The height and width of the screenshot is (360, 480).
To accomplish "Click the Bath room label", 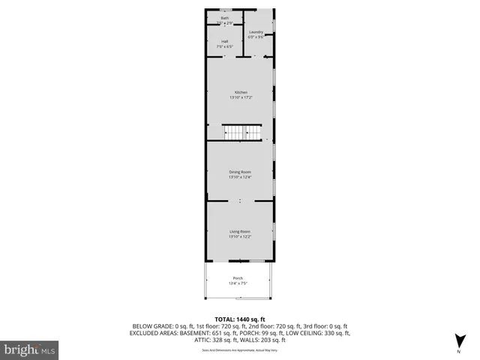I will (225, 17).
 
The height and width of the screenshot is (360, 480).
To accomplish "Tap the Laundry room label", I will (256, 32).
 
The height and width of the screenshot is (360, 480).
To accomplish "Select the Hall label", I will (225, 41).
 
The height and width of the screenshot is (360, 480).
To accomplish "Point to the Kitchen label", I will (240, 92).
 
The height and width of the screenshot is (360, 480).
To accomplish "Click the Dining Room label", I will (240, 172).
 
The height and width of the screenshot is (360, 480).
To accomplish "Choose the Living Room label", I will (240, 232).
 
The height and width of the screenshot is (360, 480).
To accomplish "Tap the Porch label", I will (238, 278).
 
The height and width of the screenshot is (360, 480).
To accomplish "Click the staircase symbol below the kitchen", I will (241, 133).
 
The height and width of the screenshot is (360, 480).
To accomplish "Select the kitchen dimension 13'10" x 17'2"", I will (240, 97).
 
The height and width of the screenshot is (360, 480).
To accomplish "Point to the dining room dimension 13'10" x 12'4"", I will (240, 177).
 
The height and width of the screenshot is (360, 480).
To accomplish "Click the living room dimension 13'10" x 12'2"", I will (240, 237).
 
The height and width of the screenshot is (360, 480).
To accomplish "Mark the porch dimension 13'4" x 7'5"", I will (238, 283).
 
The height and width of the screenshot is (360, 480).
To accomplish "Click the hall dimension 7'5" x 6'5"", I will (225, 46).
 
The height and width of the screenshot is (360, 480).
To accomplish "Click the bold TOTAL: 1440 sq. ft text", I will (240, 319).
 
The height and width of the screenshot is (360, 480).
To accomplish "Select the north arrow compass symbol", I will (458, 340).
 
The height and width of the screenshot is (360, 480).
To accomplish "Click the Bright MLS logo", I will (30, 349).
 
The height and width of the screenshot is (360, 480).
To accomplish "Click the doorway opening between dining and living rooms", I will (240, 201).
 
